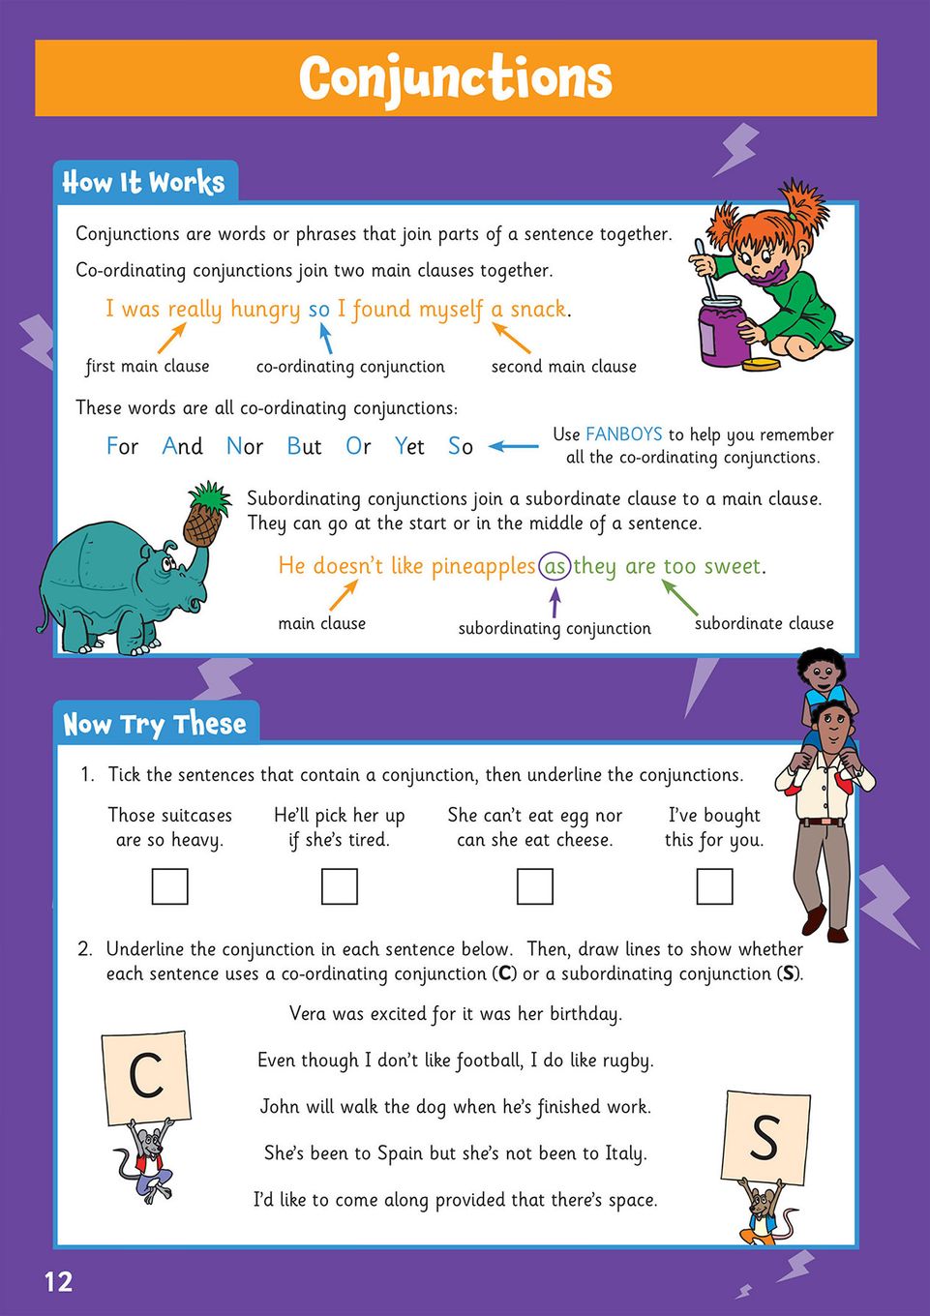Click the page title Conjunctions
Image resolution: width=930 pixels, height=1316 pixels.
[455, 77]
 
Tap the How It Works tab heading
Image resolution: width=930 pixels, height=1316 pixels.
[143, 182]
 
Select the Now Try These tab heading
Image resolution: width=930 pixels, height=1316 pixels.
[155, 724]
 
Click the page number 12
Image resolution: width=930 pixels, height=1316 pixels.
[58, 1282]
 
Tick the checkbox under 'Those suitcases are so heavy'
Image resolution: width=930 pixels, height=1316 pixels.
[170, 886]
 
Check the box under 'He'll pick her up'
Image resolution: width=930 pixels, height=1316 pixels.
[340, 886]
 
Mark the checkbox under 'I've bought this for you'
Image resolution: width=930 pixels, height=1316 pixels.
[714, 886]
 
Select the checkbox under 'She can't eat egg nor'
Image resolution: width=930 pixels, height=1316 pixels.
[535, 886]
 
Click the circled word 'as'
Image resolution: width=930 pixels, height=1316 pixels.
[555, 566]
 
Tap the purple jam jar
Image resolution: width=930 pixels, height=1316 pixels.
[721, 329]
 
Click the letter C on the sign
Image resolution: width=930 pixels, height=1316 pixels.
[146, 1075]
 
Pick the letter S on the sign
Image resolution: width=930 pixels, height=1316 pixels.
[765, 1137]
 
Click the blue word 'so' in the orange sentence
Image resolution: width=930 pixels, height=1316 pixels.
[319, 310]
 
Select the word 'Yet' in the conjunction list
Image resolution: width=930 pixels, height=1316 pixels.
[409, 446]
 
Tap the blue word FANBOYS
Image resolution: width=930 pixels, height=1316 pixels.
[624, 434]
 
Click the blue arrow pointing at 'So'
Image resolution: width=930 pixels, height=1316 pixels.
[514, 446]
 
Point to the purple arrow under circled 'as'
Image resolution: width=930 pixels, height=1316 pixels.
[555, 602]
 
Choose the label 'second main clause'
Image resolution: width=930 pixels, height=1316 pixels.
[564, 366]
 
